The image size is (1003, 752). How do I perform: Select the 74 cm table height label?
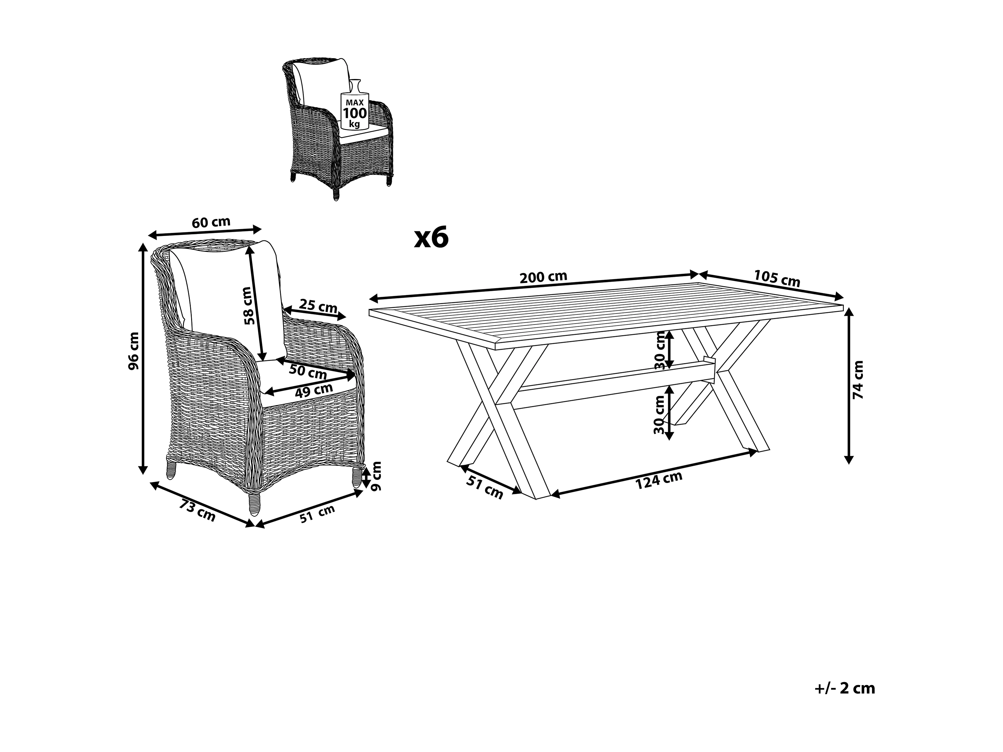(858, 380)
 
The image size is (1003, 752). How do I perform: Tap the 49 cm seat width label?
(314, 390)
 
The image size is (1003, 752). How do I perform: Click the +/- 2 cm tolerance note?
(845, 688)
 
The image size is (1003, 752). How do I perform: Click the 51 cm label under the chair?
(318, 513)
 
